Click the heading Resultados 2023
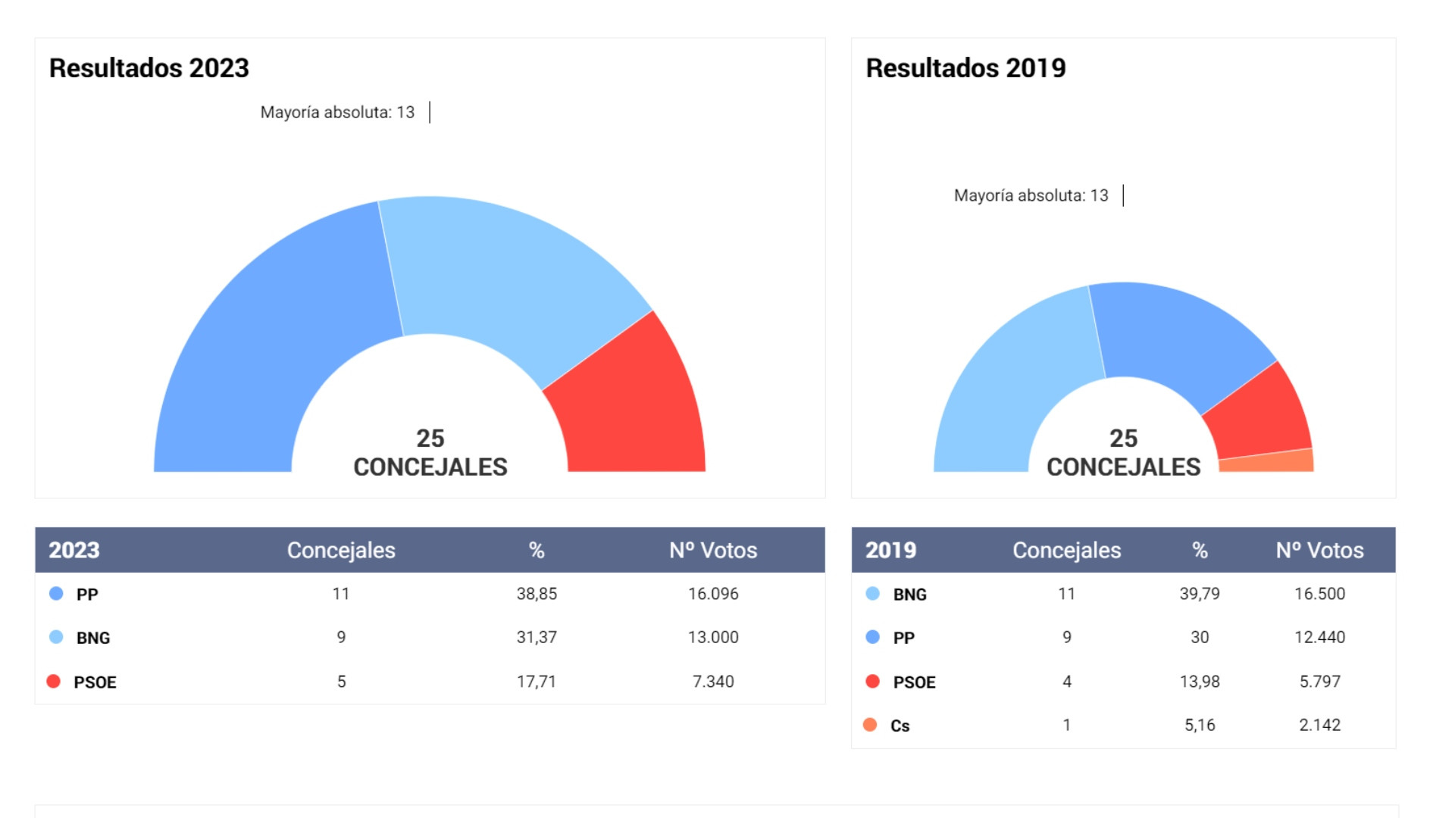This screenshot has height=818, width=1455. [x=149, y=68]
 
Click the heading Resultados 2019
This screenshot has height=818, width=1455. [x=965, y=68]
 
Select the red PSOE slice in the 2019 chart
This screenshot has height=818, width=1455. [x=1262, y=413]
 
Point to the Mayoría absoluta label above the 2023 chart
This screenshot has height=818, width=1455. [x=337, y=112]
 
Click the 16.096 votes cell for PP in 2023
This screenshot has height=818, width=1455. [x=713, y=594]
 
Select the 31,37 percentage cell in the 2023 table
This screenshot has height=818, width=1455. [x=537, y=638]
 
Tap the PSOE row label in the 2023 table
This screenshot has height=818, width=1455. [x=95, y=682]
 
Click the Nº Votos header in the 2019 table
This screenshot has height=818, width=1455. [x=1319, y=551]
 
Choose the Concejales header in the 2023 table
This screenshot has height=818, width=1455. [x=341, y=551]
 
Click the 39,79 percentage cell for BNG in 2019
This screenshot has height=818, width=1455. [x=1200, y=594]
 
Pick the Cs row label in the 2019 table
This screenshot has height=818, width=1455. [x=900, y=726]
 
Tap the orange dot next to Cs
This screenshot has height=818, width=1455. [x=870, y=726]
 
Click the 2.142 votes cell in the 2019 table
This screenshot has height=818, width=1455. [x=1319, y=726]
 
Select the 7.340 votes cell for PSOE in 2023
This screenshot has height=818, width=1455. [x=713, y=682]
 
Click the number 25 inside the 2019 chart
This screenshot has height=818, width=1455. [x=1123, y=439]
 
